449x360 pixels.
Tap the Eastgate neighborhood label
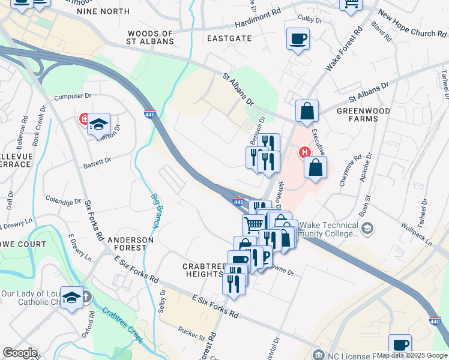(x=229, y=37)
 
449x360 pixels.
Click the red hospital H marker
(x=304, y=152)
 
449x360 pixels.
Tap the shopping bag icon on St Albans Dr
(x=307, y=111)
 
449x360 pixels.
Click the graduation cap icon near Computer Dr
(x=98, y=124)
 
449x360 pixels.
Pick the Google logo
(x=20, y=352)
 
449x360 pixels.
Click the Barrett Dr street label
(x=98, y=161)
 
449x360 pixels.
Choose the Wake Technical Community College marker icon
(x=367, y=227)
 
